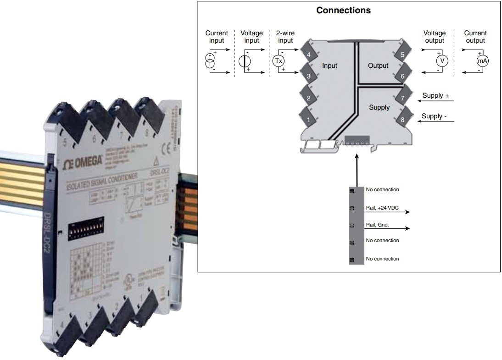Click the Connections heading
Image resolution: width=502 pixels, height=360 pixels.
343,10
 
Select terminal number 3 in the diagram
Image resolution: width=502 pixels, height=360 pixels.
308,76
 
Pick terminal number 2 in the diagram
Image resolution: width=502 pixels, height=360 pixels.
308,98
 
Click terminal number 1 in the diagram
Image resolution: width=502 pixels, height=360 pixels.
308,120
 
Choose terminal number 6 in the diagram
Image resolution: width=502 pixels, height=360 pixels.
402,76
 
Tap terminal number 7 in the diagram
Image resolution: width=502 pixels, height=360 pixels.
402,98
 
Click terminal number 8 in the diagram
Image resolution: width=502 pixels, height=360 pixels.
402,120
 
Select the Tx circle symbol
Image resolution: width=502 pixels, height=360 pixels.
279,61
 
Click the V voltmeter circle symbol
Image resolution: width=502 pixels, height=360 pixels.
442,61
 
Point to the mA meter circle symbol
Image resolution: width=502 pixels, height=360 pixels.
482,61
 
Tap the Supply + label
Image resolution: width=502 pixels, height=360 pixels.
435,95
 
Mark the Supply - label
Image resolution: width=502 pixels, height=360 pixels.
434,116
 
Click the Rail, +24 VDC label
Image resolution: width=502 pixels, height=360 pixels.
382,208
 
